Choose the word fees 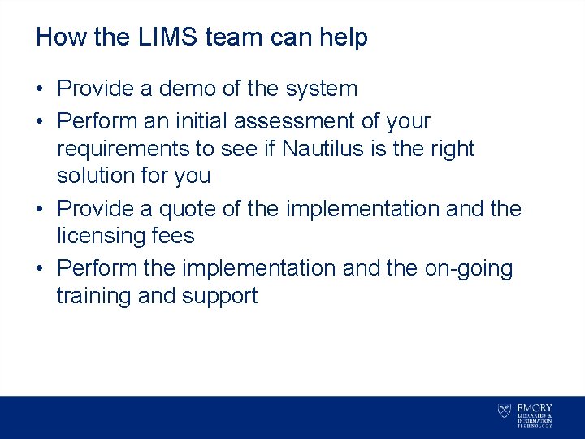tap(175, 237)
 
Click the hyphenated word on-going tap(468, 268)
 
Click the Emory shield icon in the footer tap(504, 411)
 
